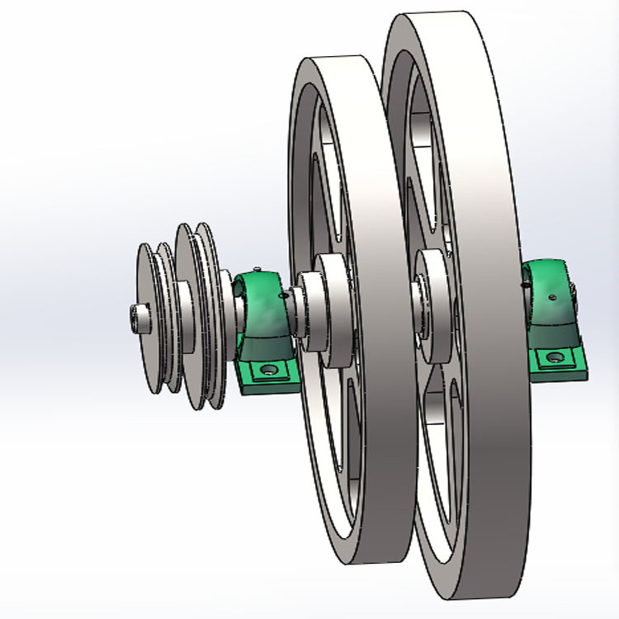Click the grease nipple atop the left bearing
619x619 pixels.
[257, 269]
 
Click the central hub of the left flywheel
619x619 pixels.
[330, 309]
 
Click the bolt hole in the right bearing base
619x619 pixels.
[555, 357]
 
